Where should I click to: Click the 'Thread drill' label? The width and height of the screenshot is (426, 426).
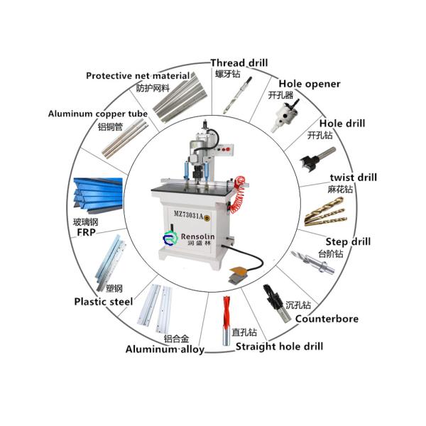pos(239,62)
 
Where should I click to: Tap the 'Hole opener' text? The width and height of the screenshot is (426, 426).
pos(309,84)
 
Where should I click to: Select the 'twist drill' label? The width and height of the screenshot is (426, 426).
pos(354,177)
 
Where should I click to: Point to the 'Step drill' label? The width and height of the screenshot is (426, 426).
pos(348,241)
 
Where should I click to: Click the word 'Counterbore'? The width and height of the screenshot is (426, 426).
pos(327,319)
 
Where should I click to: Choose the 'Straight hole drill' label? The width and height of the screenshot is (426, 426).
pos(279,346)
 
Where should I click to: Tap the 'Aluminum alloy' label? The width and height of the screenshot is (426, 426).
pos(165,349)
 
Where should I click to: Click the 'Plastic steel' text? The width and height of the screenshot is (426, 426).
pos(104,301)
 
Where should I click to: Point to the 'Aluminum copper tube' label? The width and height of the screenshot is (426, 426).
pos(98,114)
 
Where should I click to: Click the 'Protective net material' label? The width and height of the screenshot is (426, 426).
pos(138,76)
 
